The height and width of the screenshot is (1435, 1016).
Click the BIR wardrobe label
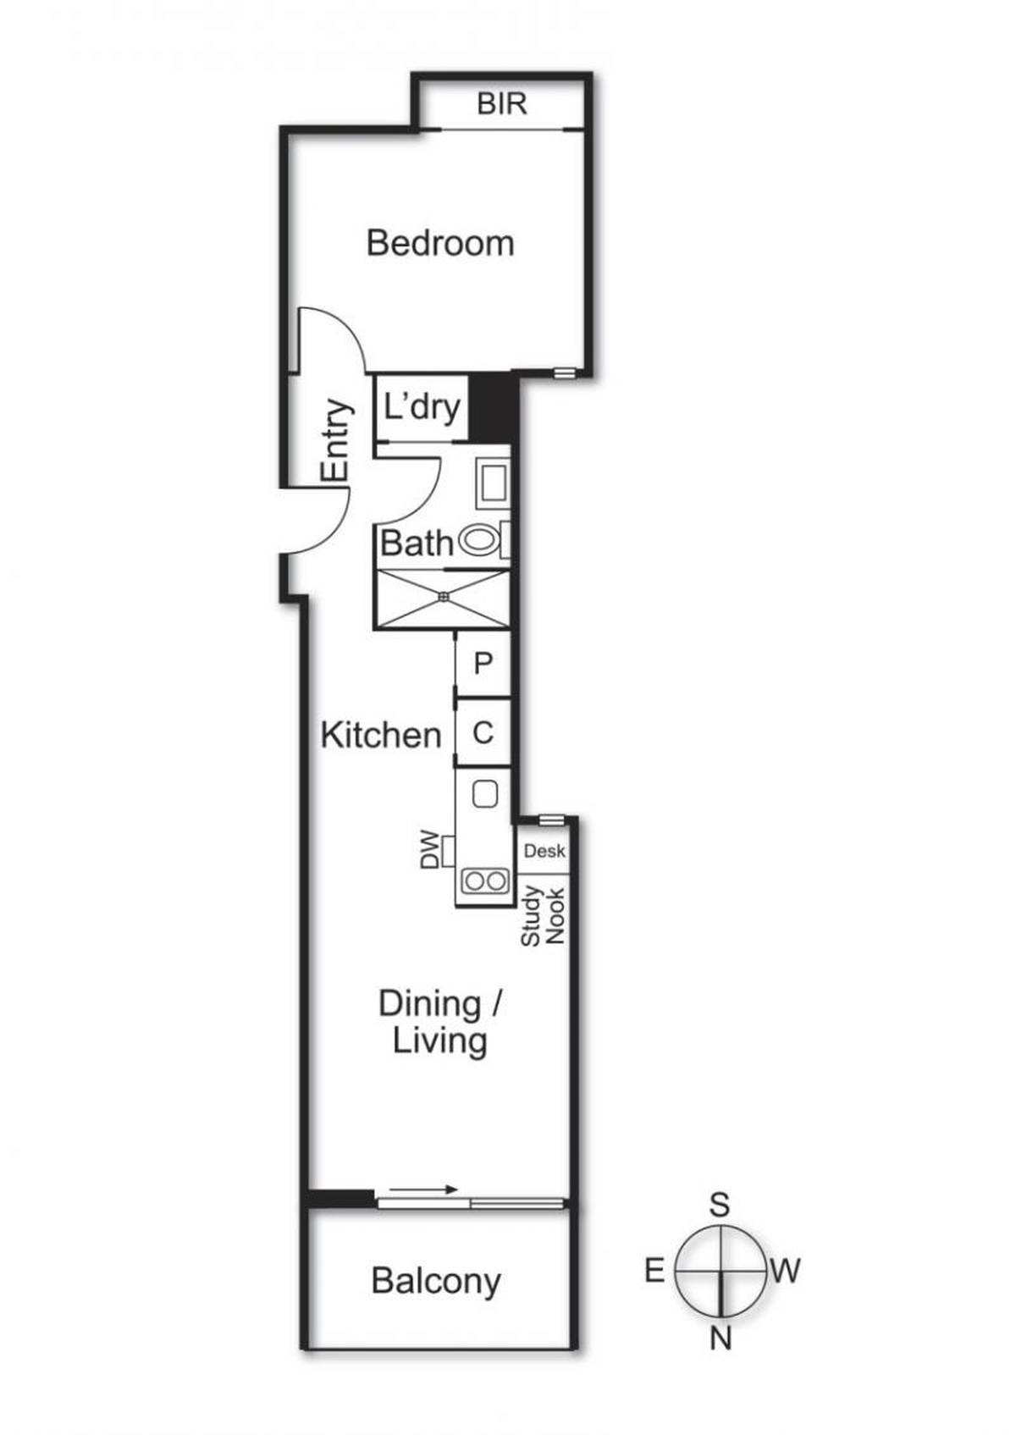pos(501,103)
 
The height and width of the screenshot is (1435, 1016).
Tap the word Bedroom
pos(440,244)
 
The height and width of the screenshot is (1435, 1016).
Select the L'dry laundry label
pos(422,408)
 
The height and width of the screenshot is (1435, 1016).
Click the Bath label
pos(417,544)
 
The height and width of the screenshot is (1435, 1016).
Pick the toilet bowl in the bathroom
pos(480,541)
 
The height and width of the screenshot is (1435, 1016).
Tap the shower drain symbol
pos(443,596)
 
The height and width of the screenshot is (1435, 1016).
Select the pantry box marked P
pos(483,664)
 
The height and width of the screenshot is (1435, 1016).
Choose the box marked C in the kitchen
pos(483,732)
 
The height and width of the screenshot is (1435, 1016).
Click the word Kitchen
pos(381,735)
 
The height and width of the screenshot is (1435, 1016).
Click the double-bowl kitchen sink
pos(485,880)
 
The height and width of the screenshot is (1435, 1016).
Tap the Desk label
pos(544,851)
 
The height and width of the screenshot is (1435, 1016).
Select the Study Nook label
pos(543,916)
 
